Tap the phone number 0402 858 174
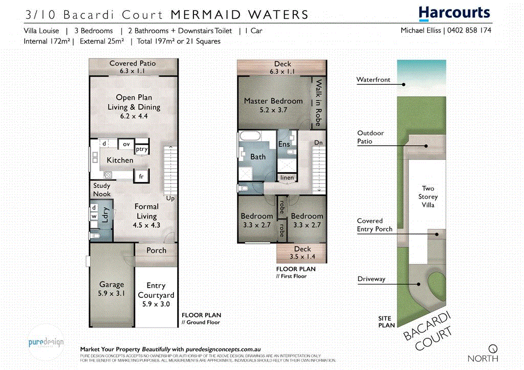[x=469, y=31]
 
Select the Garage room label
[x=112, y=289]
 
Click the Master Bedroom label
[x=273, y=105]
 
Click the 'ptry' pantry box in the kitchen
[x=142, y=149]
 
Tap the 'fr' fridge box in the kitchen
[x=140, y=176]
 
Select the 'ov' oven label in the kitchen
[x=126, y=144]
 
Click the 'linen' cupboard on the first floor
[x=287, y=178]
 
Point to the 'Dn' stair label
[x=318, y=143]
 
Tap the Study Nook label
[x=102, y=190]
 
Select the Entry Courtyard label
[x=156, y=290]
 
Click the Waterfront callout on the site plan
[x=373, y=80]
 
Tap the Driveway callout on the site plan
[x=371, y=279]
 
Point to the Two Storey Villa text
[x=428, y=197]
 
